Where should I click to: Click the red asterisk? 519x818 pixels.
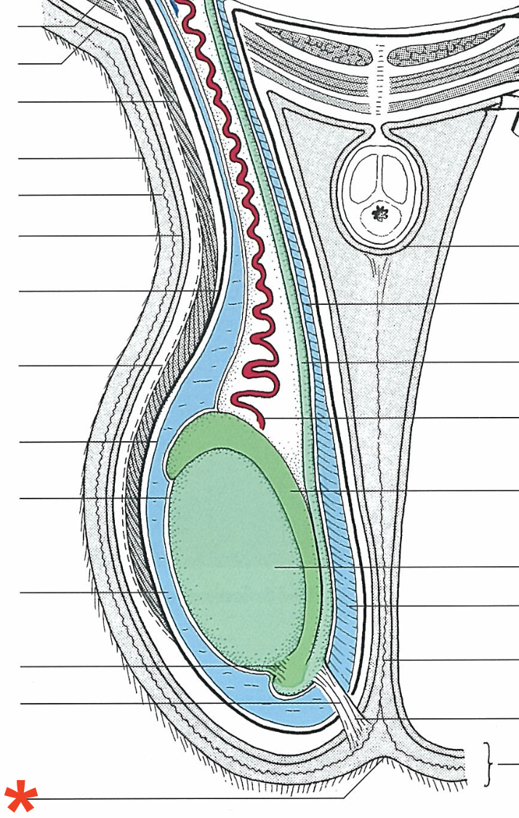pyautogui.click(x=20, y=798)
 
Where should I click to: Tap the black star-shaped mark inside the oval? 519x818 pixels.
pyautogui.click(x=379, y=213)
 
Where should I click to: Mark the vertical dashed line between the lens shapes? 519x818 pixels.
pyautogui.click(x=379, y=80)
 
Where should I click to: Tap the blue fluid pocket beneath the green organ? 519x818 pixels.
pyautogui.click(x=291, y=710)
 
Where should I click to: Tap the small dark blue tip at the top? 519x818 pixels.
pyautogui.click(x=176, y=6)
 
